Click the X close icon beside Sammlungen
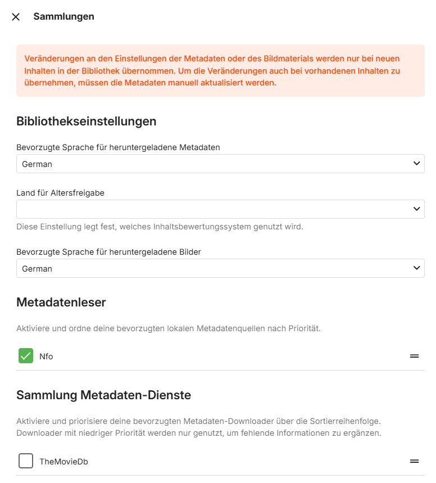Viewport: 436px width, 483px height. (16, 17)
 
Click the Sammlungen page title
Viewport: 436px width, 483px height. (63, 17)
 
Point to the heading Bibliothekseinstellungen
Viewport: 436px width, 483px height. (86, 121)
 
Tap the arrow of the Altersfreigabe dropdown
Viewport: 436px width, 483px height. (416, 209)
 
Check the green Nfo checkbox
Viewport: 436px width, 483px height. (26, 356)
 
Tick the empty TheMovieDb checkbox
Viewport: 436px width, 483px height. (26, 461)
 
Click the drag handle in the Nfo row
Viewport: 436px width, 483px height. (414, 356)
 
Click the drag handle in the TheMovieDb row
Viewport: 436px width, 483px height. (414, 461)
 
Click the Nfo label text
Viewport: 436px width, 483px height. (46, 356)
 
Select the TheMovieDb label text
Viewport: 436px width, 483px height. (63, 462)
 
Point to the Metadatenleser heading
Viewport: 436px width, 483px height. (61, 303)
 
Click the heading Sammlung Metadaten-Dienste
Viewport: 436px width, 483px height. (103, 395)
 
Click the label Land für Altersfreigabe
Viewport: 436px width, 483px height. (60, 193)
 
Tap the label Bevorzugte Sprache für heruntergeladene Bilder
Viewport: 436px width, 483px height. (108, 252)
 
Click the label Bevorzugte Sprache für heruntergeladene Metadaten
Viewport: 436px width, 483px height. (118, 147)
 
